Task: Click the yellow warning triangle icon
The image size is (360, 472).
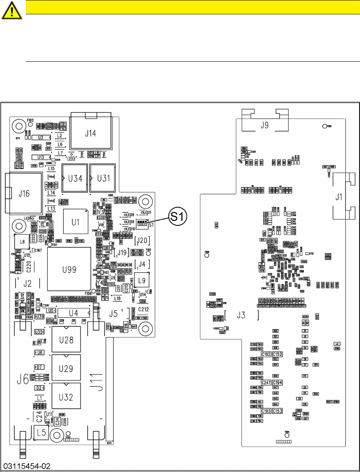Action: [12, 11]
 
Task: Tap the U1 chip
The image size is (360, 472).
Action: [75, 222]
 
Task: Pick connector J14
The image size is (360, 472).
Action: [90, 133]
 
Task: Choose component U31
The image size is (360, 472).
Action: [102, 178]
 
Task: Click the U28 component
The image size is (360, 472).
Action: [65, 340]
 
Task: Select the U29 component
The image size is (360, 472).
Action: [65, 368]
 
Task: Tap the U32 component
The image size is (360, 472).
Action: [65, 397]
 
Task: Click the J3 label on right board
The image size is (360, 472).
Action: [241, 315]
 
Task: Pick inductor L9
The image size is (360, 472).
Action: [142, 281]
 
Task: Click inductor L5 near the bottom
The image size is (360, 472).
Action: [40, 432]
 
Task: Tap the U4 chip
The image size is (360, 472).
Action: [73, 313]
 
